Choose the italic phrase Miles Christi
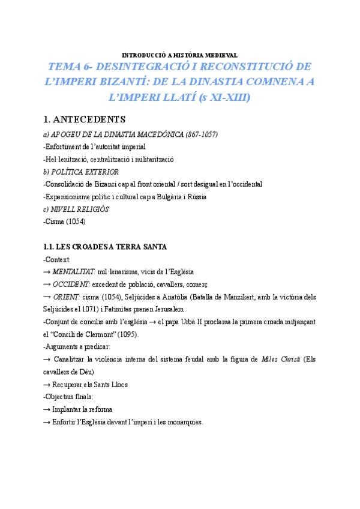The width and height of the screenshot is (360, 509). pos(282,360)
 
